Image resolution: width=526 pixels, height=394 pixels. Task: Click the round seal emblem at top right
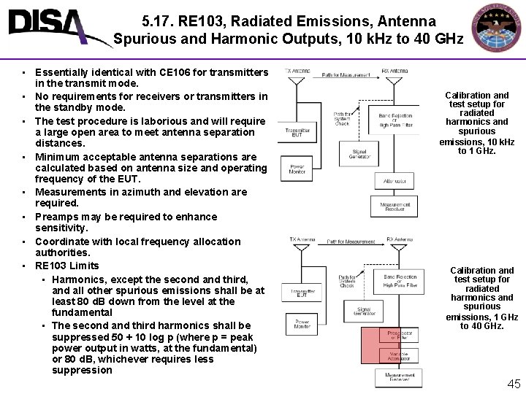point(497,30)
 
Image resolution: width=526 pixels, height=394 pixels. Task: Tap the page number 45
point(514,384)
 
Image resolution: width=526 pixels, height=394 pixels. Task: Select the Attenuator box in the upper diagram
point(394,181)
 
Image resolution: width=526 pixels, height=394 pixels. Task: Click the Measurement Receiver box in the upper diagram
point(394,206)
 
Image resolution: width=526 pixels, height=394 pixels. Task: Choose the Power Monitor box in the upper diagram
point(297,169)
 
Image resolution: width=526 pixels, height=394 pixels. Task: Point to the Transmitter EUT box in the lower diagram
point(301,293)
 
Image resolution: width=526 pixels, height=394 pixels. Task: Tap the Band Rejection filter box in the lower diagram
point(398,281)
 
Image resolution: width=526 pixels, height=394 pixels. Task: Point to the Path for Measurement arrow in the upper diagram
point(345,76)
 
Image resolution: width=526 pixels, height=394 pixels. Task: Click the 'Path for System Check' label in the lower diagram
point(347,281)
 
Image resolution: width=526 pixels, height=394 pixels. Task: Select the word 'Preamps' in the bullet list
point(57,217)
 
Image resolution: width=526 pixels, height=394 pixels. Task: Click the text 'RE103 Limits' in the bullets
point(67,266)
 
